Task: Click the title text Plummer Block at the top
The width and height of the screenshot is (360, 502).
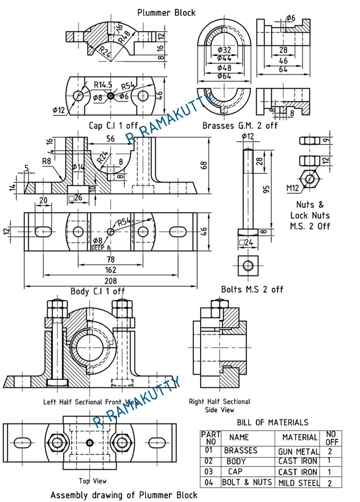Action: [x=166, y=12]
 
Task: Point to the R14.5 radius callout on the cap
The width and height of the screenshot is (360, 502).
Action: [x=105, y=85]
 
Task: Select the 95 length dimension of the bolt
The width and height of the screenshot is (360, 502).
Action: [x=265, y=189]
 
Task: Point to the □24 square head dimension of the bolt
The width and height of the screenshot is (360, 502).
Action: [x=246, y=242]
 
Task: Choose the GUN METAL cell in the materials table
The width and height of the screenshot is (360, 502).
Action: [x=298, y=452]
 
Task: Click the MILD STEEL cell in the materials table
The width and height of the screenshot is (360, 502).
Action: [x=298, y=482]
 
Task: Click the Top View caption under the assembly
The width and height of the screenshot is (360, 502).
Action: [x=92, y=481]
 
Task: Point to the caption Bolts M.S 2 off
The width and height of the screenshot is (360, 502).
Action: [x=252, y=289]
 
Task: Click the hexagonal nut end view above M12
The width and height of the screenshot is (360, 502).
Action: [x=310, y=179]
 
